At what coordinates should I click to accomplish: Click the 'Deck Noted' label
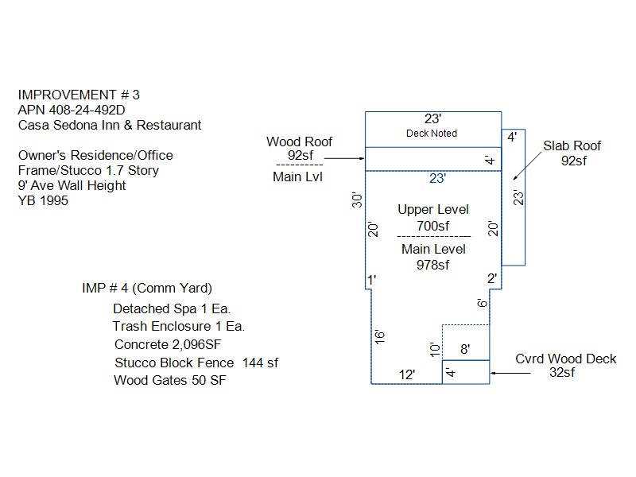432,134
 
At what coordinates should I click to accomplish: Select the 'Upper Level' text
433,210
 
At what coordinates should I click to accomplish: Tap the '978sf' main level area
432,265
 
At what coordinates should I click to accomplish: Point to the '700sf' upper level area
433,226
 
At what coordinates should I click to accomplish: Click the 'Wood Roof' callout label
300,142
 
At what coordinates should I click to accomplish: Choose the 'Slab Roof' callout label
572,146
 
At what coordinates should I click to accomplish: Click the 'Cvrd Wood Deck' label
565,359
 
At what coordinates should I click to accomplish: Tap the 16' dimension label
381,336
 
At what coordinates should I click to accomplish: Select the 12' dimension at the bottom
406,374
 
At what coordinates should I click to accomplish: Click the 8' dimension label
465,348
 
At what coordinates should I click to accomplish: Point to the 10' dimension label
434,347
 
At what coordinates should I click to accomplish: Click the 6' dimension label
481,304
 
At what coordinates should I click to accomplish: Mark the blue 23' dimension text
437,179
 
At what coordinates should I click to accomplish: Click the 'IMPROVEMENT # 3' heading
79,95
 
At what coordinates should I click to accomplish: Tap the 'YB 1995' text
43,201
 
